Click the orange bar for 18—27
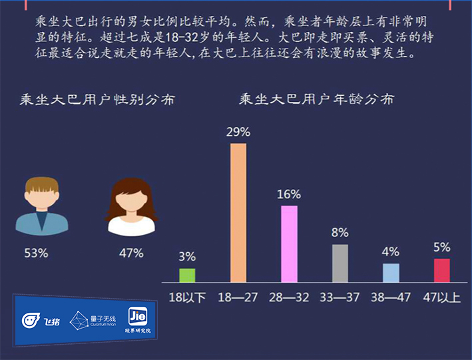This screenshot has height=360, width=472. (238, 213)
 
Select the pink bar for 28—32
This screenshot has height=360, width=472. (289, 244)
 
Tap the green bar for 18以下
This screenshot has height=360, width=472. (187, 275)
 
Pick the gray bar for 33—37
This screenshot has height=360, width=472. (340, 264)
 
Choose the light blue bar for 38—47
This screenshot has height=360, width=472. (391, 273)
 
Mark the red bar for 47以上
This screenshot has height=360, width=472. (442, 271)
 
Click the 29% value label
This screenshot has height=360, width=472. (238, 132)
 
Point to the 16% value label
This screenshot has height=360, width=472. (289, 194)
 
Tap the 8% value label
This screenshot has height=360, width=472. (340, 233)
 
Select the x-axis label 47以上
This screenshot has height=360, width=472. (441, 297)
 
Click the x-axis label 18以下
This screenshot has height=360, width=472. (187, 297)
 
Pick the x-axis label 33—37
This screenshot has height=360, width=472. (340, 297)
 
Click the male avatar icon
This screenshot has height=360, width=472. (42, 206)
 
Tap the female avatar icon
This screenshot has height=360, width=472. (131, 207)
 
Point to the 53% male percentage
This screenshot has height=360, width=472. (36, 253)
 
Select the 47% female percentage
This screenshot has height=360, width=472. (131, 253)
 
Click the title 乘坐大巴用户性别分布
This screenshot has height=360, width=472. (97, 100)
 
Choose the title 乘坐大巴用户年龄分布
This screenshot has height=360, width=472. (317, 99)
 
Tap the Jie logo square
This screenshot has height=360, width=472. (138, 316)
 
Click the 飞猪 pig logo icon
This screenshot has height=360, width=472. (31, 320)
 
